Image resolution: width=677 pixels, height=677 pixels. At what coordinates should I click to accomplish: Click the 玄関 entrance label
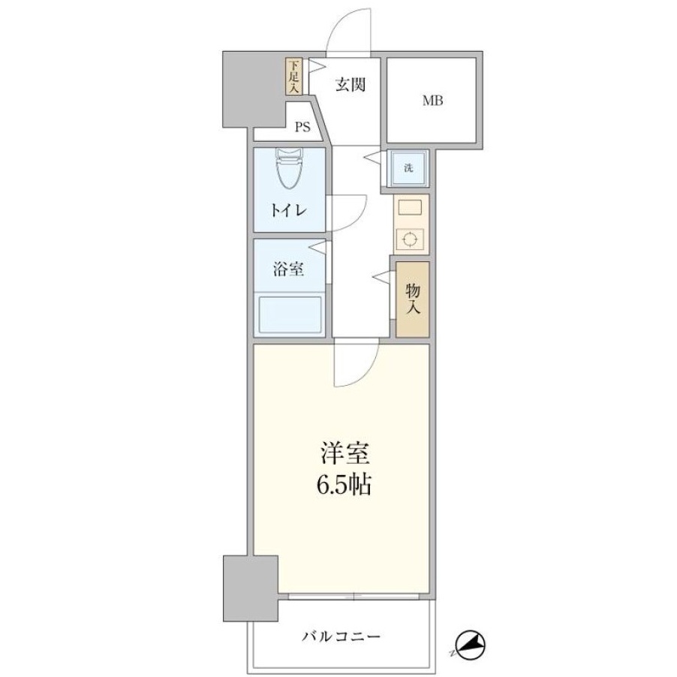351,85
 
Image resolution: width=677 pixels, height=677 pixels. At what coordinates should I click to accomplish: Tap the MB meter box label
432,101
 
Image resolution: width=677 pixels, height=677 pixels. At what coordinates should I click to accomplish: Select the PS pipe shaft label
302,127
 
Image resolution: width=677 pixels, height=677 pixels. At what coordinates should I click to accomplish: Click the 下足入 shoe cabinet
293,77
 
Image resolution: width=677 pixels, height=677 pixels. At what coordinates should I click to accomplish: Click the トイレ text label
288,211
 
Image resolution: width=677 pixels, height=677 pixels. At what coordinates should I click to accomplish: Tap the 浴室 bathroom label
288,269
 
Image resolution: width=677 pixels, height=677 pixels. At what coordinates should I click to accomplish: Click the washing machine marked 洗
408,168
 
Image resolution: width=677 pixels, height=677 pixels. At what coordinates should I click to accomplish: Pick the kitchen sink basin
409,208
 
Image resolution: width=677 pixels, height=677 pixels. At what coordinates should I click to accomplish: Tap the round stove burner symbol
409,239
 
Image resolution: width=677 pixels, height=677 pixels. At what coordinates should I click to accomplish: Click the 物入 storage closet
412,299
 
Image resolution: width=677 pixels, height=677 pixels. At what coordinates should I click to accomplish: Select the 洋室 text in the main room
344,454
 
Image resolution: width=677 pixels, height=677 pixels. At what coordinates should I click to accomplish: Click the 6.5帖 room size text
344,485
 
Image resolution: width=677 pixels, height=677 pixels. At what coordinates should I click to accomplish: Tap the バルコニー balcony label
341,636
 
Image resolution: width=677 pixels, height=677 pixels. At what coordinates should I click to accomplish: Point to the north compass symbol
471,646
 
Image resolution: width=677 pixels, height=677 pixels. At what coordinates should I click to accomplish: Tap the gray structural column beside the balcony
251,588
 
